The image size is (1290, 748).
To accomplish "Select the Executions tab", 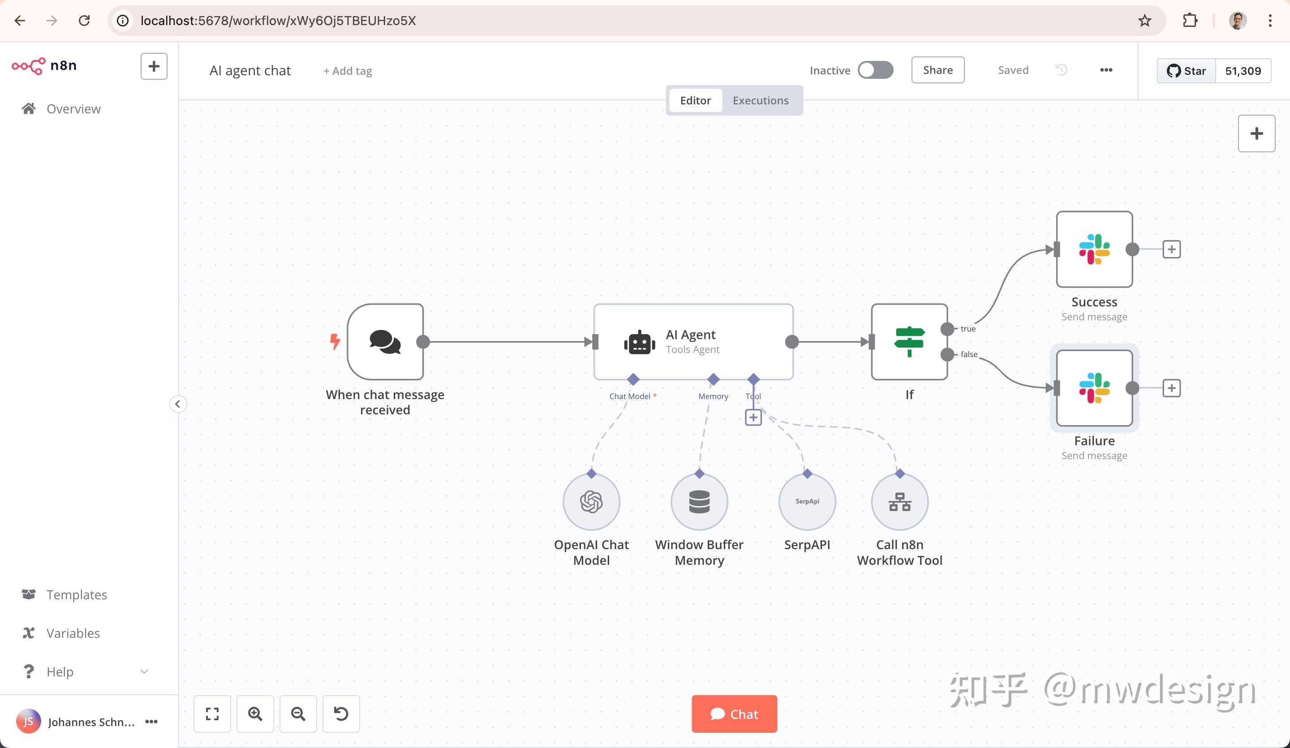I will [760, 100].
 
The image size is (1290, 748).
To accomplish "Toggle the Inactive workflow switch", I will [875, 70].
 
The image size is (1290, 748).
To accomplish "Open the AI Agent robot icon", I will [639, 342].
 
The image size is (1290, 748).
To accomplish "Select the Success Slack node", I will [1094, 249].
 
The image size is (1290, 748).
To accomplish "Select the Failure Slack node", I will [1094, 387].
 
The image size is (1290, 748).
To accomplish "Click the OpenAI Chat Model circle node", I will [591, 502].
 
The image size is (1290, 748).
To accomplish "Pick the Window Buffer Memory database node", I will [699, 502].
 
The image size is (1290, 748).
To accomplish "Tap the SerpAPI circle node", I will [807, 502].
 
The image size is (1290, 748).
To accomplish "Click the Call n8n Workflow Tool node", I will [899, 502].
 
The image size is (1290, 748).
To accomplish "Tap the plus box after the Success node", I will [1171, 249].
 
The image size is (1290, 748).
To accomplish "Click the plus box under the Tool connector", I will [753, 417].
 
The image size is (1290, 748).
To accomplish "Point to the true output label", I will [967, 329].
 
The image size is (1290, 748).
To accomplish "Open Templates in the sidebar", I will [76, 594].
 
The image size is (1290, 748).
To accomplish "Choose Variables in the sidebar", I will [73, 633].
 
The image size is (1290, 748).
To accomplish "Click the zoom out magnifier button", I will [298, 714].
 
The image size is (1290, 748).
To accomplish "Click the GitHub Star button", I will [1186, 71].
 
